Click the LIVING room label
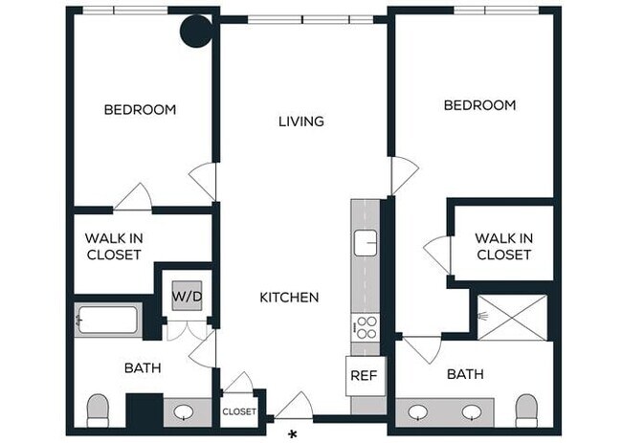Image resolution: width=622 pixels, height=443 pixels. click(x=301, y=122)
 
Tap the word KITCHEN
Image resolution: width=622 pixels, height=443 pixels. click(x=289, y=298)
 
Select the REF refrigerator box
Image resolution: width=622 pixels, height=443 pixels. click(x=364, y=375)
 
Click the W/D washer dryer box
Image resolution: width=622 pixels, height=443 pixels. click(x=187, y=297)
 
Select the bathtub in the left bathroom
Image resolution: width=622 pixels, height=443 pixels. click(x=107, y=320)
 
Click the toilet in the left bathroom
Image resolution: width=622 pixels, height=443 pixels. click(x=99, y=410)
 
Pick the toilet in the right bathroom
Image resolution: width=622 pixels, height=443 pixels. click(x=527, y=409)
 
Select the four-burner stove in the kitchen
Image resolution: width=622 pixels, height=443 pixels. click(x=366, y=326)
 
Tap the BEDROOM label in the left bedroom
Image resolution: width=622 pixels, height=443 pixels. click(x=140, y=110)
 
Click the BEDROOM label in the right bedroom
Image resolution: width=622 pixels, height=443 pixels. click(x=479, y=105)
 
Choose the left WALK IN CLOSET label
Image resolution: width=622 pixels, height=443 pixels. click(x=114, y=247)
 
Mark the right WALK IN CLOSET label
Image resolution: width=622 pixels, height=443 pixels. click(x=503, y=247)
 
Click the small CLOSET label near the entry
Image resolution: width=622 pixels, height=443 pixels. click(x=238, y=412)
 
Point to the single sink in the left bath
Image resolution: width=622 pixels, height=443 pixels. click(x=186, y=413)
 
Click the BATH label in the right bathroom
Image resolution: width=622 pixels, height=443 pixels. click(x=465, y=374)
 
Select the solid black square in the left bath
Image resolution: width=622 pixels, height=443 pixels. click(x=144, y=411)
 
